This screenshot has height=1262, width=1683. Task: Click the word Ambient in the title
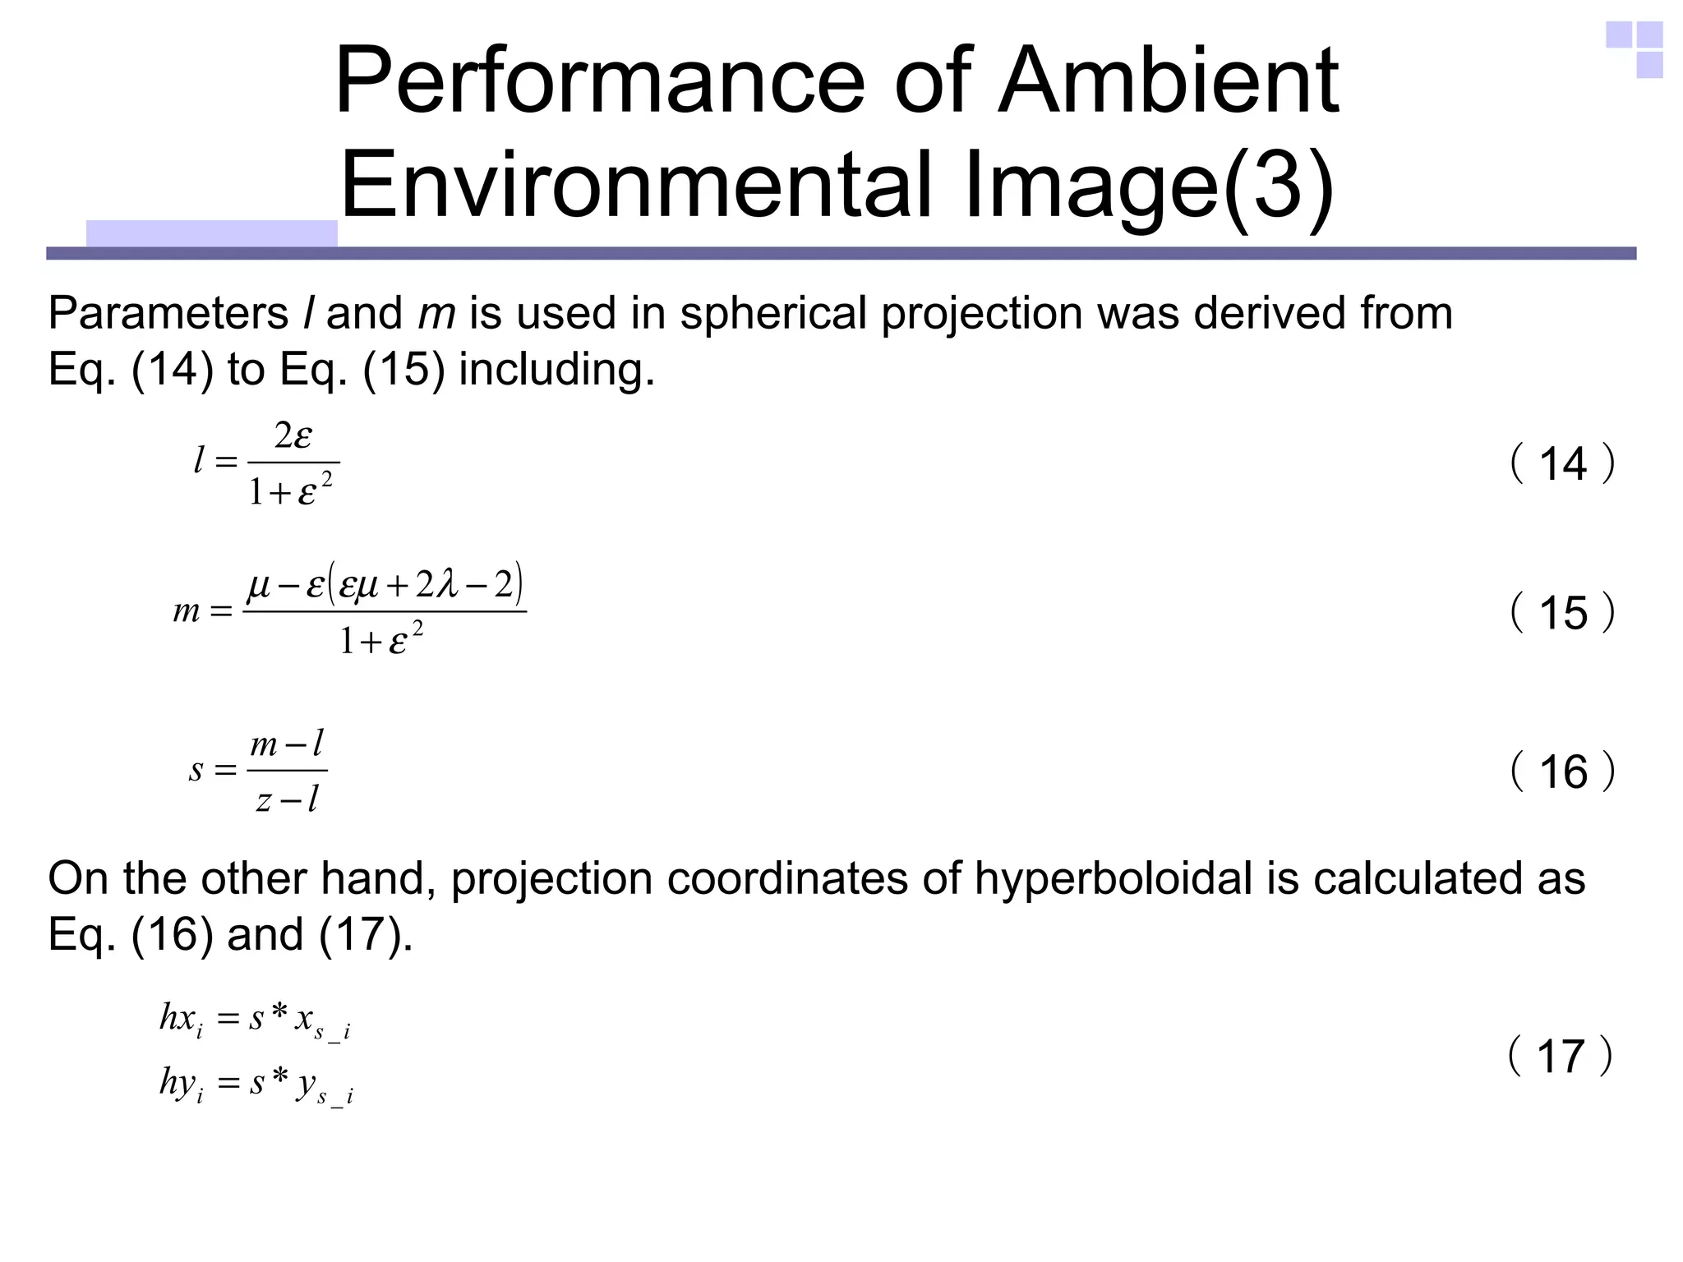click(1168, 82)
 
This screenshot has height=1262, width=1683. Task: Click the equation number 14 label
click(1562, 464)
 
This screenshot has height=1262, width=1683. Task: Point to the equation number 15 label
click(1562, 613)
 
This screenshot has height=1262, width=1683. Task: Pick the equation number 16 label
click(1562, 772)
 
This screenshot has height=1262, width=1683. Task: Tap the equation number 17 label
click(1561, 1057)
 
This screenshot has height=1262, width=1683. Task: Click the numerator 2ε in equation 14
click(293, 436)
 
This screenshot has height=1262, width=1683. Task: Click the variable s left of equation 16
click(196, 771)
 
